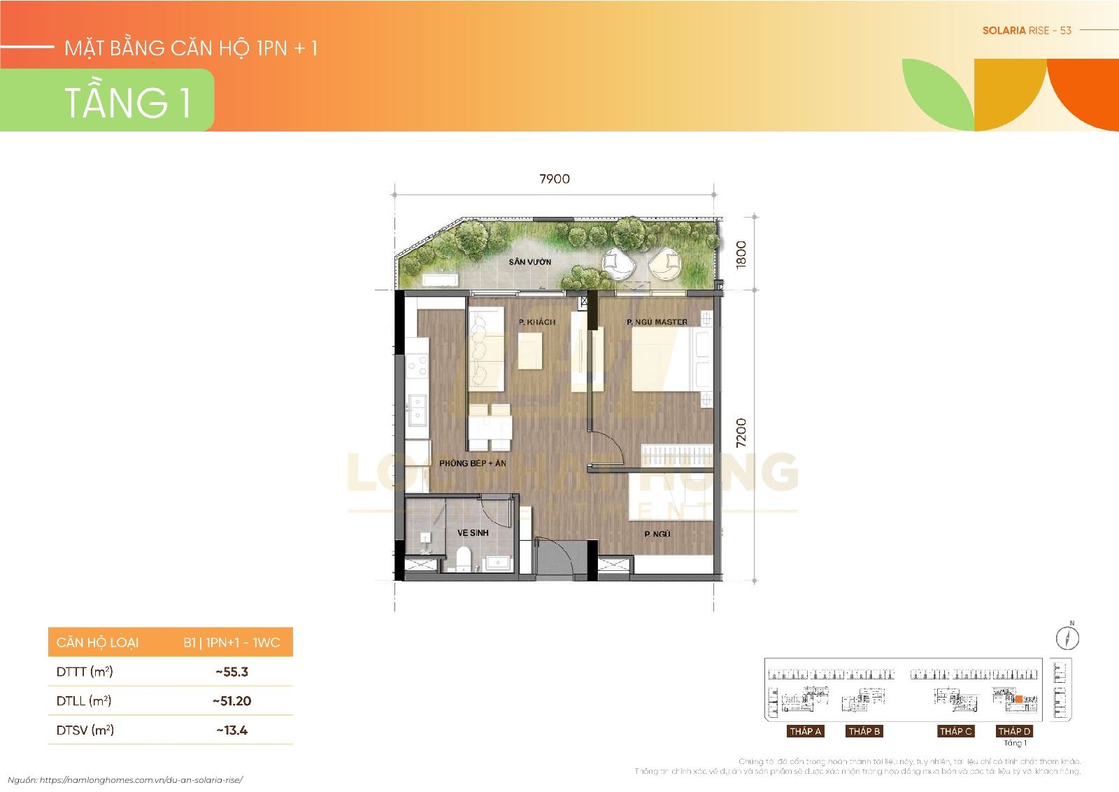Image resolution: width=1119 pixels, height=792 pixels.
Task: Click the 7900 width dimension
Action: tap(554, 179)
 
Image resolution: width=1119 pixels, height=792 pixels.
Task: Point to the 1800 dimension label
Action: tap(742, 253)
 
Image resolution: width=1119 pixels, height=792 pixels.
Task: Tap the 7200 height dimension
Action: tap(742, 432)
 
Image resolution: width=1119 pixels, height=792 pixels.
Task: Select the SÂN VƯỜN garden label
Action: tap(529, 262)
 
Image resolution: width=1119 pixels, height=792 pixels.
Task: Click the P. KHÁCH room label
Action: tap(536, 323)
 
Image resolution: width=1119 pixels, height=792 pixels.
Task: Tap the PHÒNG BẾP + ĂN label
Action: tap(473, 464)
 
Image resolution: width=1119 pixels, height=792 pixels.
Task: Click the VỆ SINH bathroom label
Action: tap(473, 533)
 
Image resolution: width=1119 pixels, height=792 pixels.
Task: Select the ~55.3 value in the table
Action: tap(231, 672)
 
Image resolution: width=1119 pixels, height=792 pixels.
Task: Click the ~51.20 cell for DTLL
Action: tap(231, 701)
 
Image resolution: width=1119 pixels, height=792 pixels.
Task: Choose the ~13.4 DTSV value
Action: tap(231, 730)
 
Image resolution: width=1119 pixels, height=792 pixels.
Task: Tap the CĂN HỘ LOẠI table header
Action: tap(97, 642)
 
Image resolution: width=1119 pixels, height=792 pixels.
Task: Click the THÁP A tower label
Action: tap(805, 731)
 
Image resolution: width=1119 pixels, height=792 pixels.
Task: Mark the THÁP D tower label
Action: tap(1014, 731)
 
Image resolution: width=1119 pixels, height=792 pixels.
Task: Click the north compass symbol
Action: tap(1068, 637)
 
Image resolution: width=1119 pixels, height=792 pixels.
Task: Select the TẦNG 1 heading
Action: tap(127, 101)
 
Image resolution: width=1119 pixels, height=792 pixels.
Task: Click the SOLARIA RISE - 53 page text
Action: tap(1027, 30)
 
